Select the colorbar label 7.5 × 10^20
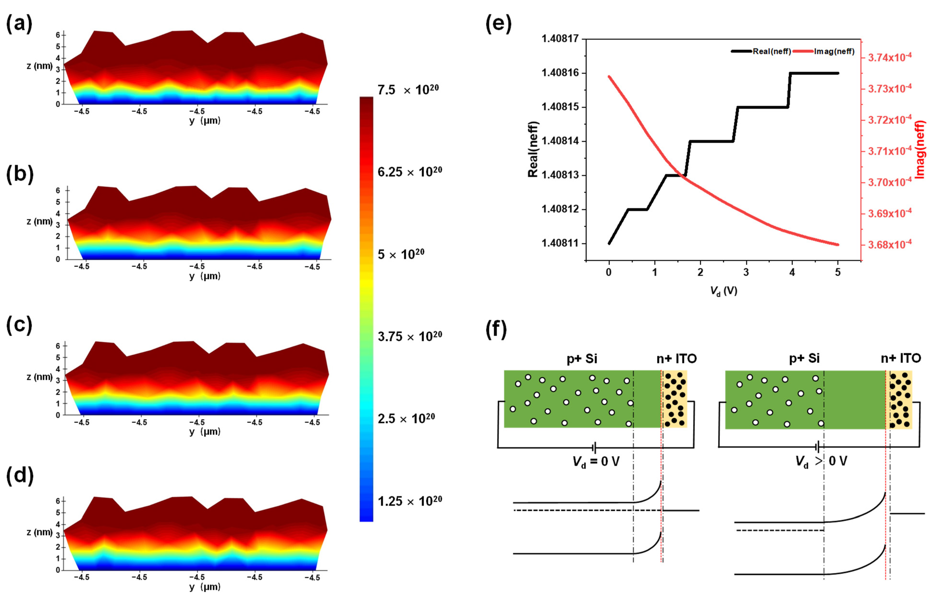[408, 90]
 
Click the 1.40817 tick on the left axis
[560, 39]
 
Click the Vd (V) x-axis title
[723, 291]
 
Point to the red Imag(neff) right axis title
[919, 149]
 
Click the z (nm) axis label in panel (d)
[39, 532]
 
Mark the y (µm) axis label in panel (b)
[205, 276]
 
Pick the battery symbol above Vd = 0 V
[594, 448]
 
